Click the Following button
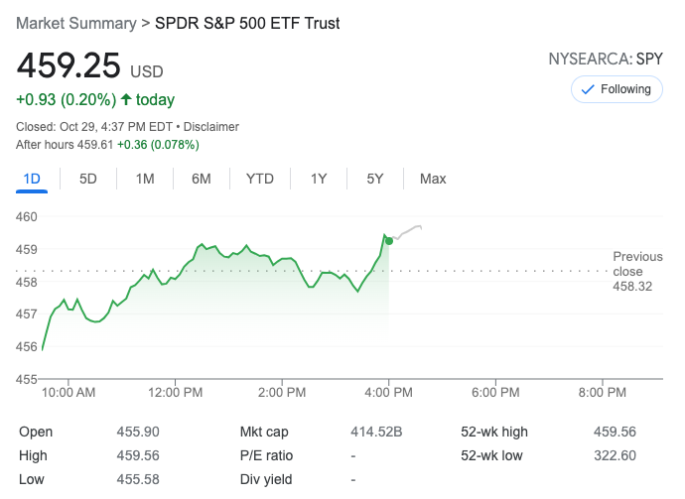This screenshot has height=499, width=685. [616, 89]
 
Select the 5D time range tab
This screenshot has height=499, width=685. [88, 179]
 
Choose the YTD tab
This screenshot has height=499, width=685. [260, 179]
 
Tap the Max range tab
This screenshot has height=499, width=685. [433, 179]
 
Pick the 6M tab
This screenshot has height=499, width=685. [202, 179]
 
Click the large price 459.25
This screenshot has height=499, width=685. [68, 66]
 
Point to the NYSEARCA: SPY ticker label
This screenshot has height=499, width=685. [605, 60]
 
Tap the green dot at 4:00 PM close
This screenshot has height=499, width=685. [389, 240]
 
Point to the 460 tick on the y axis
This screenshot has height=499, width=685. [27, 216]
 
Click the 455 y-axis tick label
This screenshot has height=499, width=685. [27, 378]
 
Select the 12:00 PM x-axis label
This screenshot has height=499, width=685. [176, 393]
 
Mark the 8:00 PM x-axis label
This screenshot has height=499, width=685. [602, 393]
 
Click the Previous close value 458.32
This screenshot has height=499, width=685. [632, 287]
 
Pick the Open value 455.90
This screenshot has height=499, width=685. [138, 432]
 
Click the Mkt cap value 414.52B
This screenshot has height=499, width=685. [376, 432]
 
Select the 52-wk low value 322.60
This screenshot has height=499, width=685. [615, 455]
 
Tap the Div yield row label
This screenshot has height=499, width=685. [267, 479]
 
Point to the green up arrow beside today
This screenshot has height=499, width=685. [126, 99]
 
